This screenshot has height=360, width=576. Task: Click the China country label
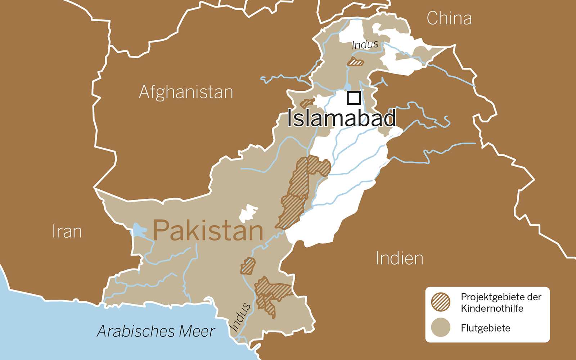[449, 18]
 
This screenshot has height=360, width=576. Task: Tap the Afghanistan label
[186, 92]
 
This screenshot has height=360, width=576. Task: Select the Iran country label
[67, 231]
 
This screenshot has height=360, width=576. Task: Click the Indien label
[399, 258]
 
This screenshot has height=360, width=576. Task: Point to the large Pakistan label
[208, 230]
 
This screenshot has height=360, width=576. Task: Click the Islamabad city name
[342, 118]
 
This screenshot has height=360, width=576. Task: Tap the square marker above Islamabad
[354, 98]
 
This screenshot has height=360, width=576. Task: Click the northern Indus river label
[365, 45]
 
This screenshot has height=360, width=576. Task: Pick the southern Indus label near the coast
[240, 317]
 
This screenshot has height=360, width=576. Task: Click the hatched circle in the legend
[441, 302]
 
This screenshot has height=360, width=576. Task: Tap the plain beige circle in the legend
[441, 328]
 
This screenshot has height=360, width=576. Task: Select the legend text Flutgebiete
[485, 328]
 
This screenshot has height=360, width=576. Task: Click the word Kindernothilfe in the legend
[492, 309]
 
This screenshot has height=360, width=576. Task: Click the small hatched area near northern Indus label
[356, 62]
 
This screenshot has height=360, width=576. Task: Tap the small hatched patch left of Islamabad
[307, 103]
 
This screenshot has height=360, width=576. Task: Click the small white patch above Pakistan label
[248, 213]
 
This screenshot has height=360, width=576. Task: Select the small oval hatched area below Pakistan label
[248, 266]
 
